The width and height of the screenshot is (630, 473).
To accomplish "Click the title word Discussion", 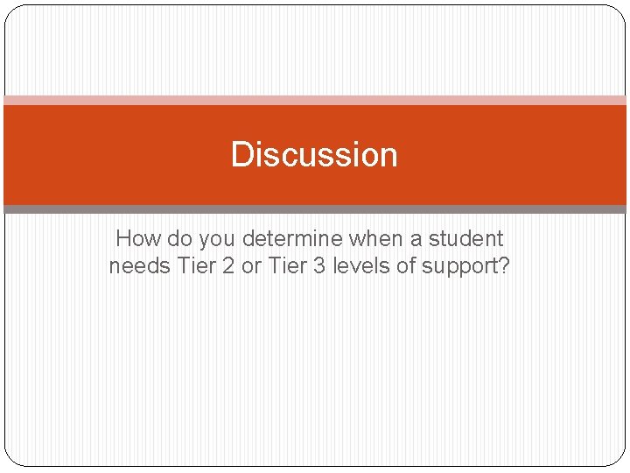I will (x=314, y=155).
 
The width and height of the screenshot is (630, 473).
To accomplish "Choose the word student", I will (x=465, y=238).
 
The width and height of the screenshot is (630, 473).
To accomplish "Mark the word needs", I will (x=139, y=266).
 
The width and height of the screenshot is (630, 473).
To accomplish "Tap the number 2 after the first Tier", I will (x=227, y=266).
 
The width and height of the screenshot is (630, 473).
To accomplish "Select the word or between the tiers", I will (x=251, y=266).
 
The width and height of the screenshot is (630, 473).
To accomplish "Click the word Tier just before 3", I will (x=287, y=266).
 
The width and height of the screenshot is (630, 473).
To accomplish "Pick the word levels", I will (x=361, y=266).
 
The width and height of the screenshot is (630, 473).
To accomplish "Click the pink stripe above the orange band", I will (x=315, y=100).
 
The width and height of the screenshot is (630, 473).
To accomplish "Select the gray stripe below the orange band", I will (x=315, y=209).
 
